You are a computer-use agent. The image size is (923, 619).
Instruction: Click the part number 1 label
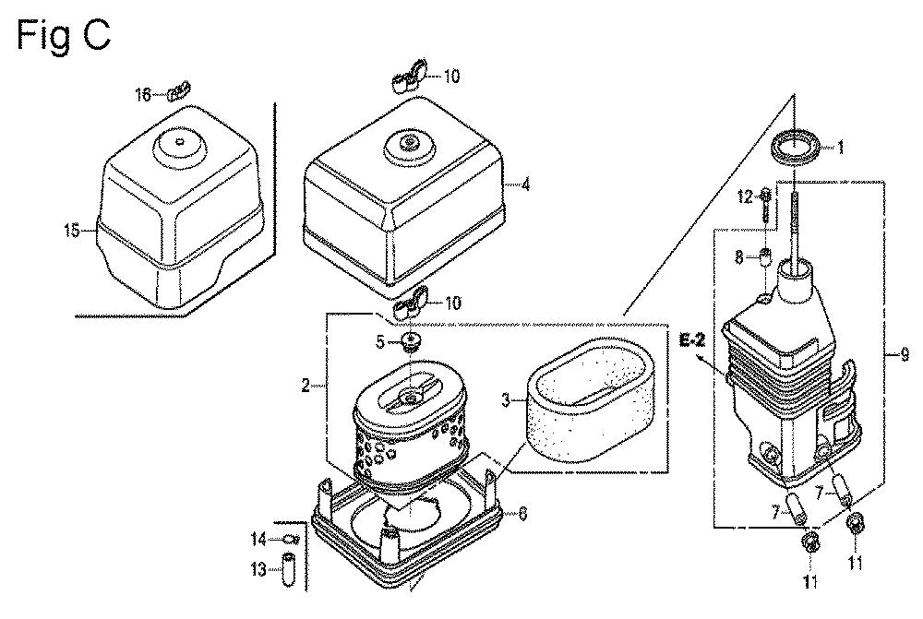(841, 147)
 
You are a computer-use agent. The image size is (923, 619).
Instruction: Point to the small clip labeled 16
(178, 90)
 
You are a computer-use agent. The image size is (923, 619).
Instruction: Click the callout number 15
(72, 230)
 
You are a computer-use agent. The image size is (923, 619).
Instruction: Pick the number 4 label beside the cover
(525, 185)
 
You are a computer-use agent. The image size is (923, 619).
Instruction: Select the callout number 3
(506, 401)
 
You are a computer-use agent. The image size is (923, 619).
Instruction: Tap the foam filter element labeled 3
(571, 401)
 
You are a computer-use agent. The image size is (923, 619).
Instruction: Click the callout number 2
(306, 386)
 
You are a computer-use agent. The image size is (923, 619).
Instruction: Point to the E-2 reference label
(692, 341)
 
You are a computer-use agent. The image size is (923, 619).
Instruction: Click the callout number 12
(745, 196)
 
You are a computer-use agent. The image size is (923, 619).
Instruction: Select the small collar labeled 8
(765, 256)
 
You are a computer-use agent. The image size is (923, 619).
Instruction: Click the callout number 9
(905, 354)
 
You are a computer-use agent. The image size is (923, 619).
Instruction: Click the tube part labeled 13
(287, 569)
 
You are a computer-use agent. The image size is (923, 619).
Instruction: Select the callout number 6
(522, 514)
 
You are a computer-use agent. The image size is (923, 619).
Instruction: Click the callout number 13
(258, 569)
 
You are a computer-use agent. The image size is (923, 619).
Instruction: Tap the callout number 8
(738, 256)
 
